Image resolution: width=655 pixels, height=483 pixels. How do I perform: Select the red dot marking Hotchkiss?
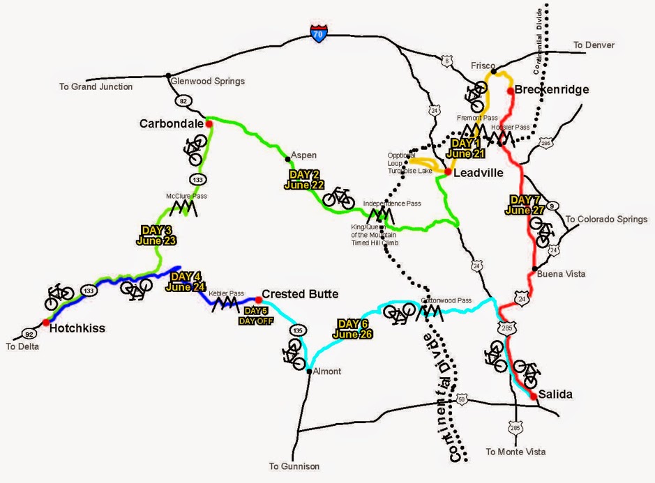46,322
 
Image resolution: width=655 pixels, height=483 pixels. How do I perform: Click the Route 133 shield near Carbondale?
198,179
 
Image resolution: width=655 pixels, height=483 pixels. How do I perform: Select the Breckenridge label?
552,90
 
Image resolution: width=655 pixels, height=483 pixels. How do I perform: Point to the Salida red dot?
534,395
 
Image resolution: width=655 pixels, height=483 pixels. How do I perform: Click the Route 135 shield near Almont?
298,330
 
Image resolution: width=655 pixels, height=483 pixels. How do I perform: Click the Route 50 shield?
461,399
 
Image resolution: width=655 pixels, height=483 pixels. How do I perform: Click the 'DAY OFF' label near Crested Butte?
257,321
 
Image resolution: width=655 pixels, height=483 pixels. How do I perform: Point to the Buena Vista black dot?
535,269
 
